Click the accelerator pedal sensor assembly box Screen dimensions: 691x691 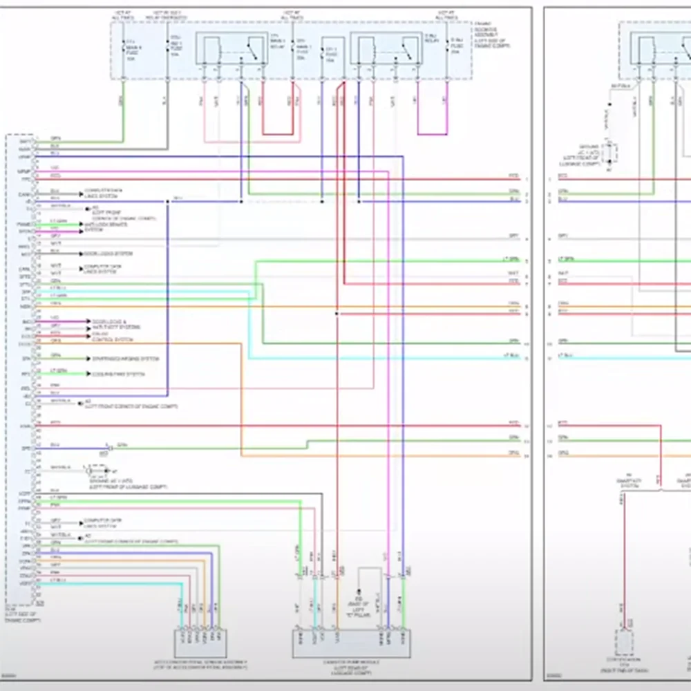tap(200, 643)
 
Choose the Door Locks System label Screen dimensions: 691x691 tap(108, 254)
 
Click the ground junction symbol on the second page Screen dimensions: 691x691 tap(609, 155)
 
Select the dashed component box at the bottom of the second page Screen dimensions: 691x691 tap(625, 642)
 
